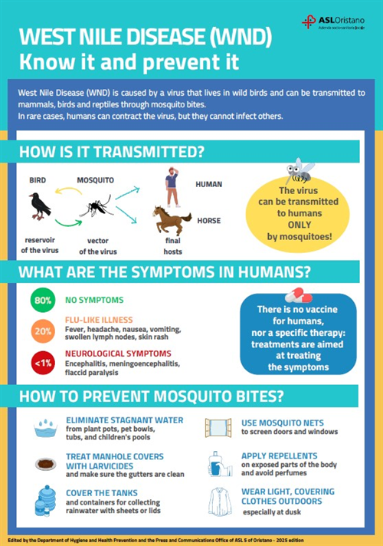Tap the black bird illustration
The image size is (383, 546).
tap(39, 205)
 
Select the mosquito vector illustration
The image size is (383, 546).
tap(96, 206)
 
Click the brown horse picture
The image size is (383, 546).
tap(171, 220)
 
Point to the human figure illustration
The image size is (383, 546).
tap(173, 187)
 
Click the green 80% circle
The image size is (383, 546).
tap(43, 300)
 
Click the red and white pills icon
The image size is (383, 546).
tap(299, 295)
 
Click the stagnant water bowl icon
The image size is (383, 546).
tap(47, 427)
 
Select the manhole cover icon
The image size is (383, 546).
tap(46, 464)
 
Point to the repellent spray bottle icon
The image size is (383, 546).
tap(218, 465)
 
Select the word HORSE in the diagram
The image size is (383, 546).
tap(209, 220)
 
